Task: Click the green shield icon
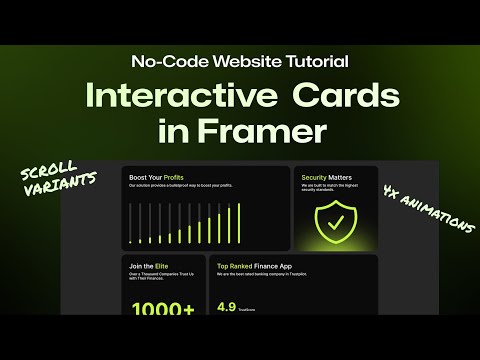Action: pos(334,222)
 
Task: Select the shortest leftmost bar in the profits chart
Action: pos(131,224)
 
